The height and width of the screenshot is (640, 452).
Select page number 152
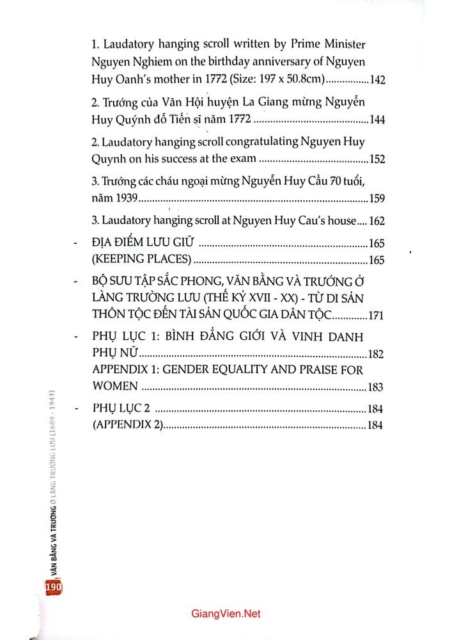coord(375,159)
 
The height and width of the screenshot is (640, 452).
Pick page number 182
coord(376,355)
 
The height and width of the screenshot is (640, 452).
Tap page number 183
coord(376,387)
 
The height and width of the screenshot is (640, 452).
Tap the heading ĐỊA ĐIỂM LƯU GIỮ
coord(143,244)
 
